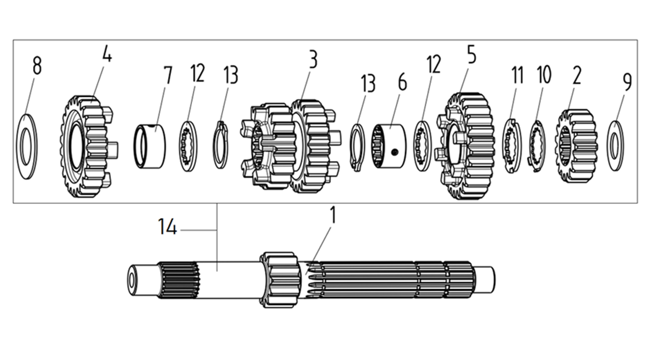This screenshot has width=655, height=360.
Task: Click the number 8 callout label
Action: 37,66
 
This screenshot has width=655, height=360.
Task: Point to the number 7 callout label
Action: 168,76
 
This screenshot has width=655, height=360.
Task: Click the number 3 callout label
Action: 312,60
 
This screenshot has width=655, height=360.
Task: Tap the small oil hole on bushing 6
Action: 394,152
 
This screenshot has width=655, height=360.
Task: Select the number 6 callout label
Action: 402,82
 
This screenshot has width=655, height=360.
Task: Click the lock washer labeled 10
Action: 537,146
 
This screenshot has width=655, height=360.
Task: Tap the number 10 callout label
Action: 544,75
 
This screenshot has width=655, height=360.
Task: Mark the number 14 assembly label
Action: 168,227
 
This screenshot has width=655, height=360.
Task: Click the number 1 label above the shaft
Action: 332,216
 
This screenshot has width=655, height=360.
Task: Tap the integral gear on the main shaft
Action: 280,279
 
